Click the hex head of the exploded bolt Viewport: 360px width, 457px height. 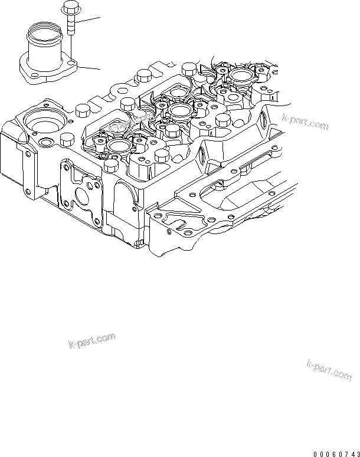[x=69, y=9]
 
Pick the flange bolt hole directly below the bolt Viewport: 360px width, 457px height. [x=71, y=61]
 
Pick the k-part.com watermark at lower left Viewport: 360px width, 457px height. [x=91, y=341]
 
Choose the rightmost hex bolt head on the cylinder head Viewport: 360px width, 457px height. [x=223, y=120]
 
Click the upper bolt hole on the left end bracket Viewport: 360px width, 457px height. [x=27, y=154]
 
